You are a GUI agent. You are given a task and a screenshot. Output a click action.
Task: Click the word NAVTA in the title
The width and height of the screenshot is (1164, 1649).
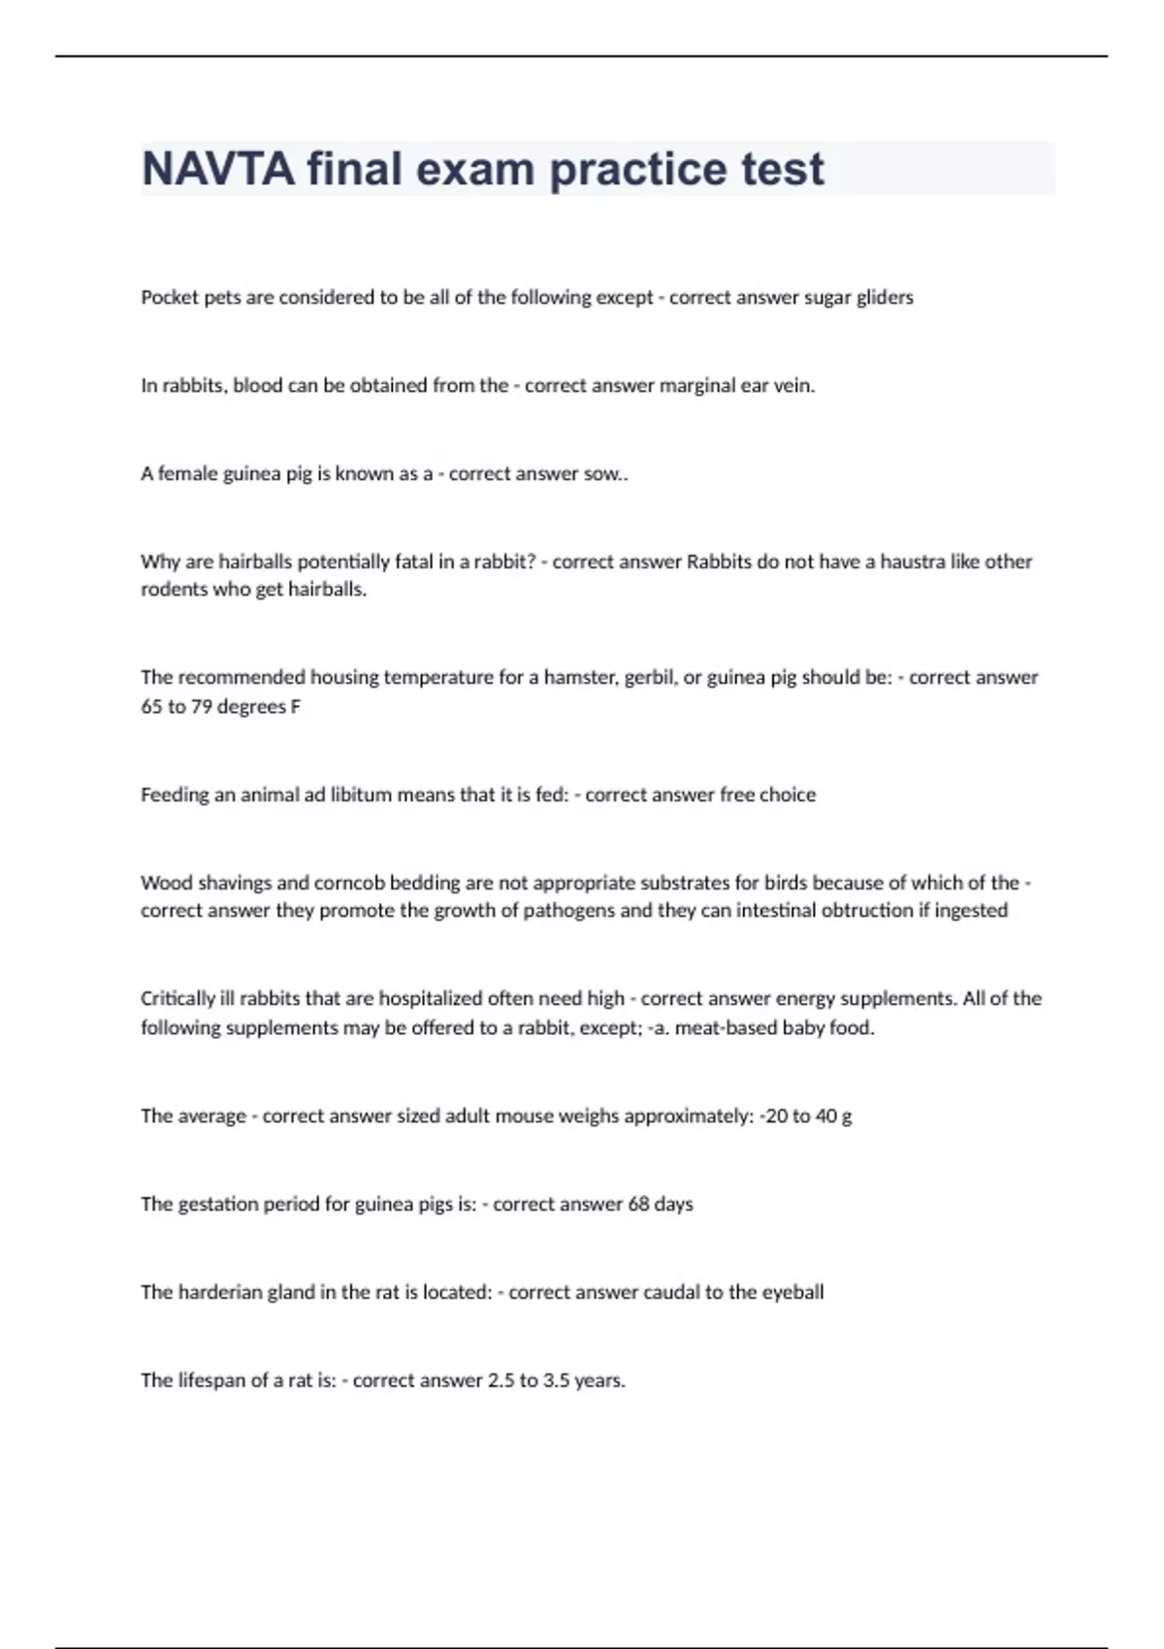(218, 169)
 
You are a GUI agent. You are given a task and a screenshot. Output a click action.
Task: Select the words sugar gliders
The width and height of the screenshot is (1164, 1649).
(858, 298)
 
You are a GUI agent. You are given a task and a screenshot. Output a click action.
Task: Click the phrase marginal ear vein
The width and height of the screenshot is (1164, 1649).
(736, 386)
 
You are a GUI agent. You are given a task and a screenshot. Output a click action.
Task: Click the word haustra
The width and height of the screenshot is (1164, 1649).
(913, 562)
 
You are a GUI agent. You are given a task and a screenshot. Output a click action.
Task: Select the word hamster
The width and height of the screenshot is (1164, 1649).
(580, 677)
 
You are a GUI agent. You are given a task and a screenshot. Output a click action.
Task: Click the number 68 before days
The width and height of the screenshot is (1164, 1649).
(638, 1205)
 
